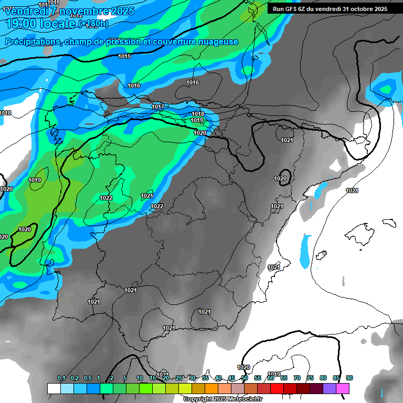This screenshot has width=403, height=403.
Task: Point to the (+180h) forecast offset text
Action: click(93, 24)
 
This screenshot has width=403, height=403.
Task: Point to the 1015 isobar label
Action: click(124, 57)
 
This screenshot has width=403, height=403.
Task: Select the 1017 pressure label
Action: click(158, 107)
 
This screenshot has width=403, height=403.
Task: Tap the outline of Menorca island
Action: click(389, 222)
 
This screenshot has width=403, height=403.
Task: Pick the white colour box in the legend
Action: click(54, 388)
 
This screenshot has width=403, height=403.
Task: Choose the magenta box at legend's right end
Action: click(343, 388)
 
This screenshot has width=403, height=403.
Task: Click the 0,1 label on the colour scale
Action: click(61, 378)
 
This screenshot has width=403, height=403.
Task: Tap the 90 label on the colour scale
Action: click(349, 378)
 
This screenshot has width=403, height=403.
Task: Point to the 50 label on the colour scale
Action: click(245, 378)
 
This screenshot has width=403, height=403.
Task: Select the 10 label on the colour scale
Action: click(139, 378)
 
